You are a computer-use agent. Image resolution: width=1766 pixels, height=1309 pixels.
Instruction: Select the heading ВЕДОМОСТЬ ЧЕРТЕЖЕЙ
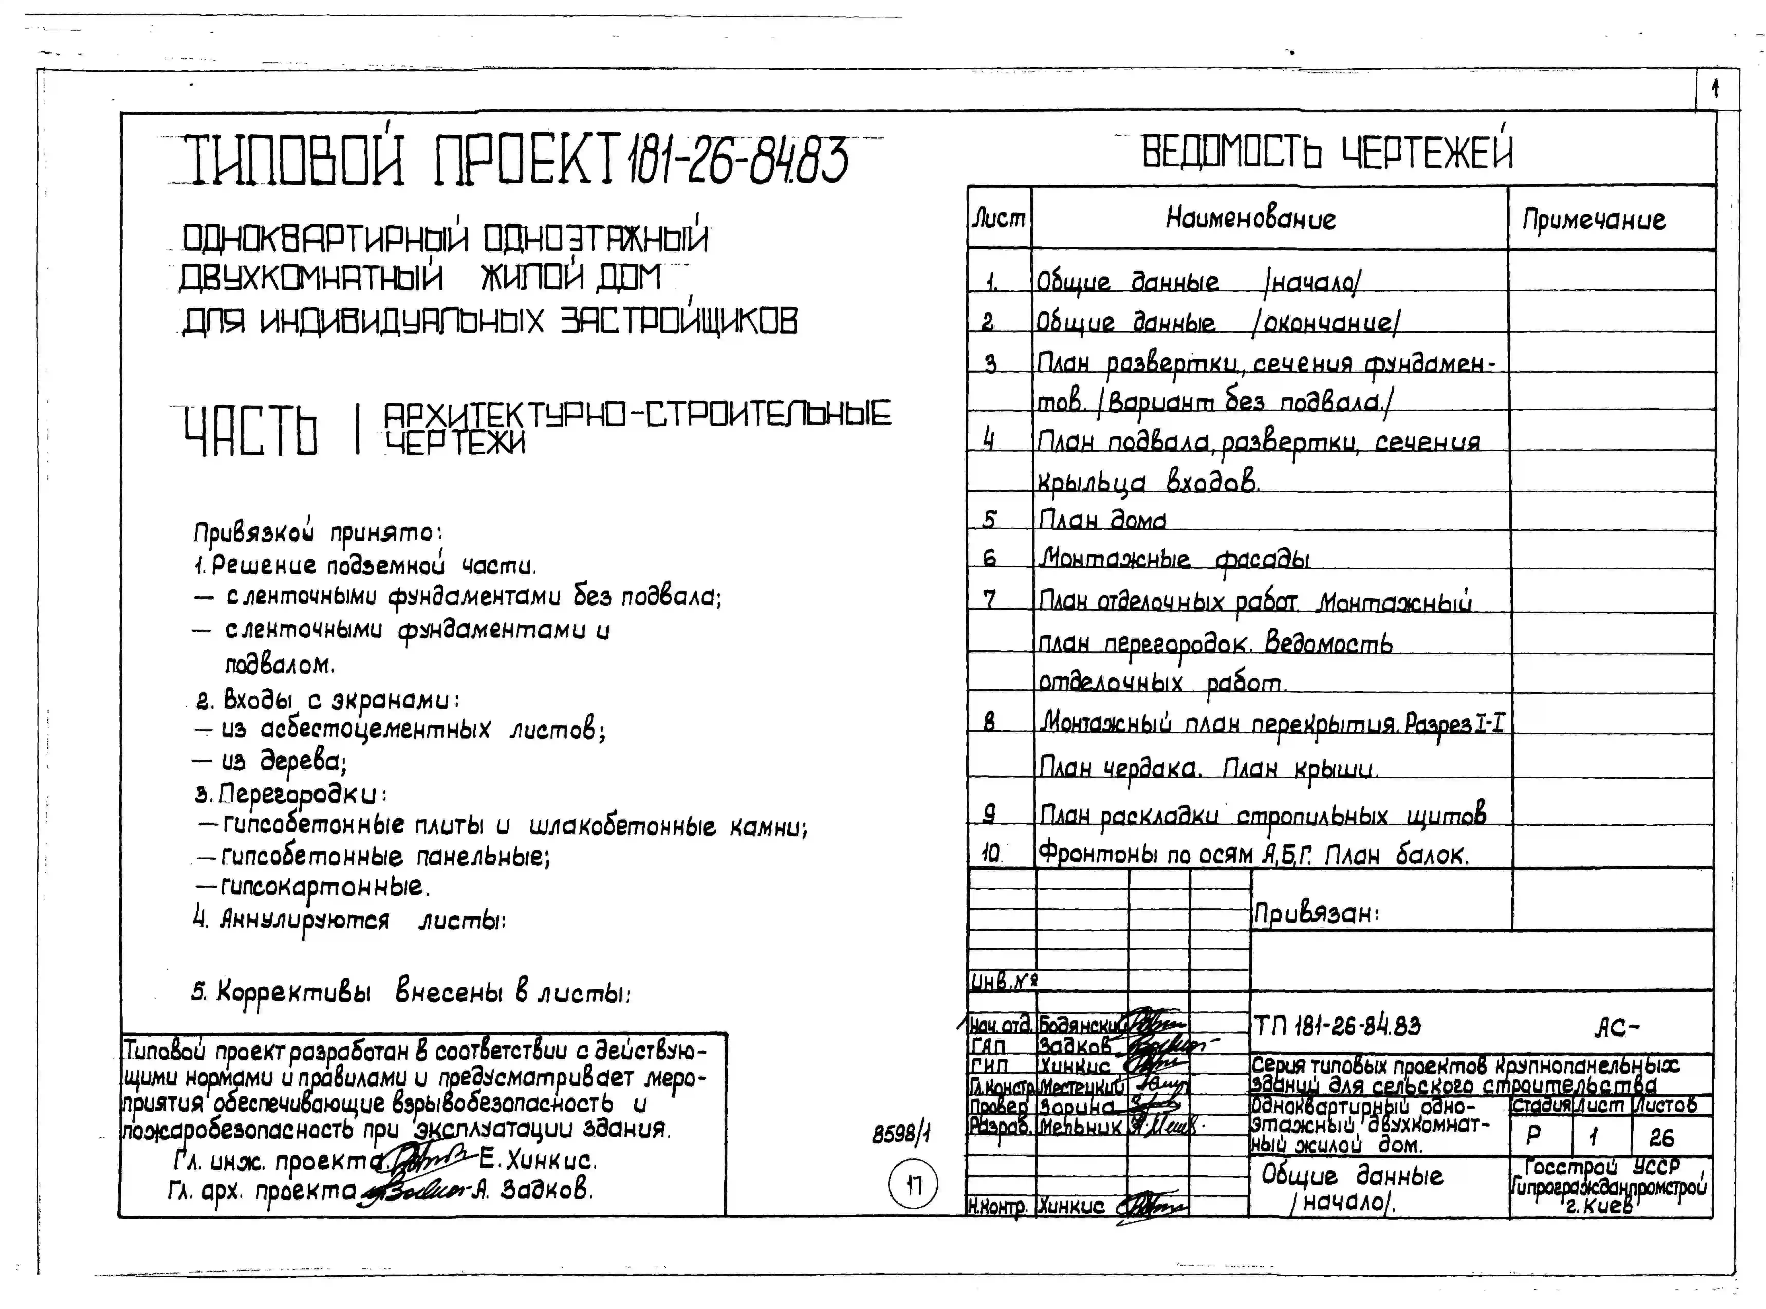(x=1326, y=151)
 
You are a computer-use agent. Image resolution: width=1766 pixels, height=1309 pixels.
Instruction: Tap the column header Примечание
(x=1593, y=219)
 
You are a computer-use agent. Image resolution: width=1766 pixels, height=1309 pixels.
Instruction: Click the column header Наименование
(x=1250, y=218)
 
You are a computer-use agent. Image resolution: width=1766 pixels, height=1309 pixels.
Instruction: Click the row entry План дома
(x=1102, y=520)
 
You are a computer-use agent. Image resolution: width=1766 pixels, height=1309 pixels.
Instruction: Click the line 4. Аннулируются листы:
(x=349, y=920)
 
